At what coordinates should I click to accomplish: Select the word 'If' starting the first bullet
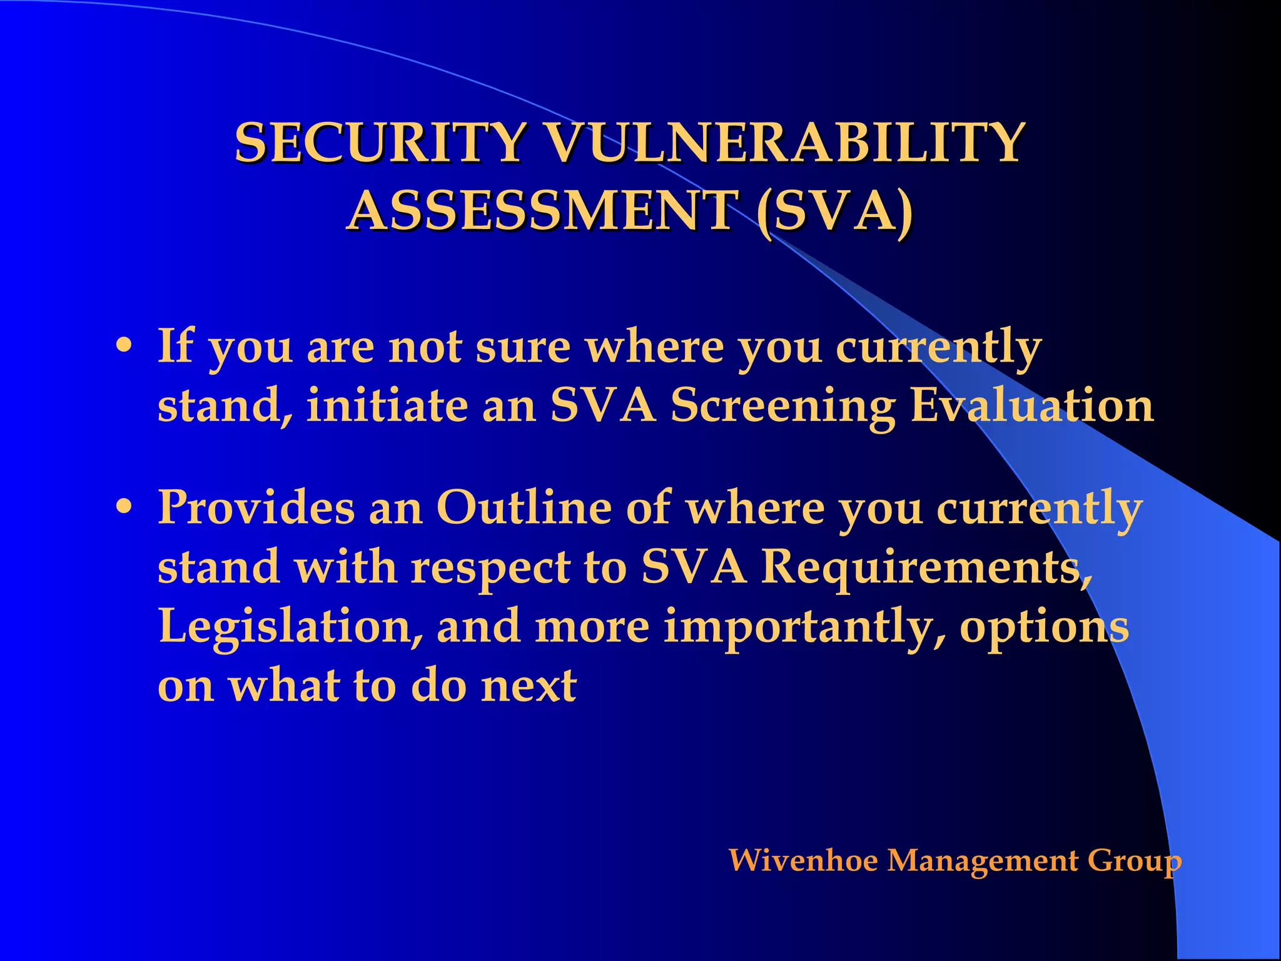pos(176,345)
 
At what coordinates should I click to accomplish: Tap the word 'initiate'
pos(387,405)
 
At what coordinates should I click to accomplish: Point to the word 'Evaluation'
pos(1031,405)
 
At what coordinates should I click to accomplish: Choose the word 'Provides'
pos(256,507)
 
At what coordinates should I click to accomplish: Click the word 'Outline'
pos(523,507)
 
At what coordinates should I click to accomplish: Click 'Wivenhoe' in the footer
pos(803,860)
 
